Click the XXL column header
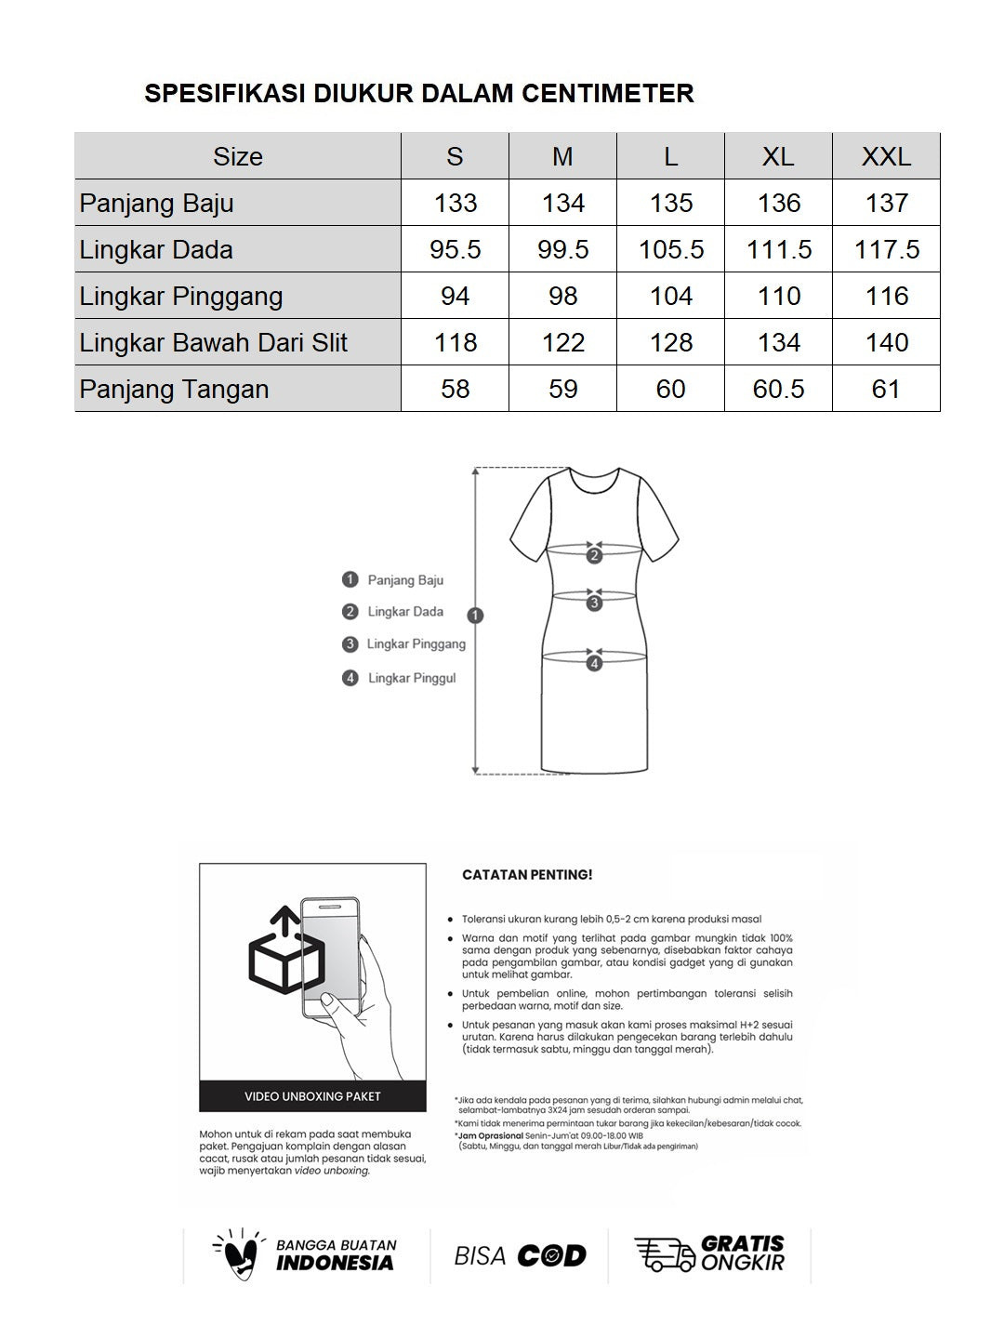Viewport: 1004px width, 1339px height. [886, 156]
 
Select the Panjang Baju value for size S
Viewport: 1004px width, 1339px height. [455, 203]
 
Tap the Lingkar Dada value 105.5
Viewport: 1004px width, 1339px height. [671, 249]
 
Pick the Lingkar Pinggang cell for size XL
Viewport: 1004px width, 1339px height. [778, 296]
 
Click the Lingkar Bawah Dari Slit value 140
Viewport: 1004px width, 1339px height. [886, 342]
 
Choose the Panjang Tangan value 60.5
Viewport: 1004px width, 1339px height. [778, 389]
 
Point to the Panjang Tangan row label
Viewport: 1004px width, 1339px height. [175, 389]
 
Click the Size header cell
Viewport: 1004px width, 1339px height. [238, 156]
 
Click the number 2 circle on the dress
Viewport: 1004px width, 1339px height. [594, 556]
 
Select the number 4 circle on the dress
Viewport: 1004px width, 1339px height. [594, 663]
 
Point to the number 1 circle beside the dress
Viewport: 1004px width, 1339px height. [476, 615]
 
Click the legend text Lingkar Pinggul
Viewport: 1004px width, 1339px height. [412, 678]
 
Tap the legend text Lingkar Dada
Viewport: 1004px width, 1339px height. [405, 612]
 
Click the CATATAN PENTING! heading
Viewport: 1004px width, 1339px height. [527, 875]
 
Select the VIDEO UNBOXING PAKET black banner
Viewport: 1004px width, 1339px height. [312, 1096]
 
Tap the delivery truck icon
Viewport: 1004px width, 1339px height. [664, 1254]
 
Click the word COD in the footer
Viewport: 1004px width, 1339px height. [551, 1256]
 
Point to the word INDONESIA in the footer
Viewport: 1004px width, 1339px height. [335, 1263]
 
